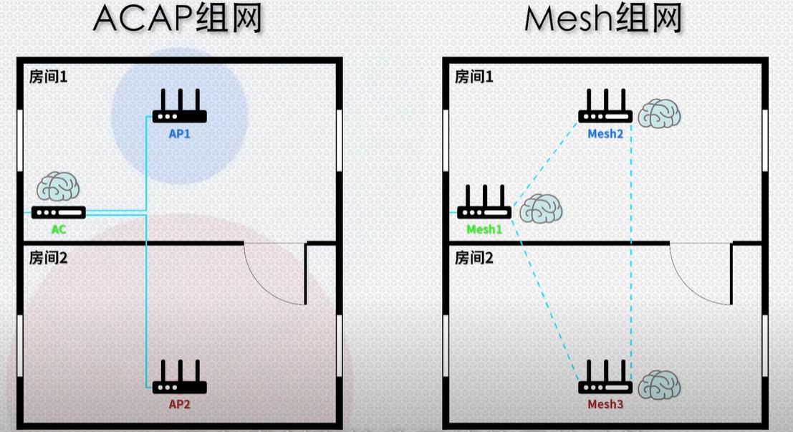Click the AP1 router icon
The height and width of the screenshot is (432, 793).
pyautogui.click(x=179, y=107)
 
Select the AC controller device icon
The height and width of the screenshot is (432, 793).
pyautogui.click(x=59, y=212)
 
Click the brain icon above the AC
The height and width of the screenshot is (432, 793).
pyautogui.click(x=58, y=187)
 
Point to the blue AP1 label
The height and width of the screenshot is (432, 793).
pyautogui.click(x=179, y=134)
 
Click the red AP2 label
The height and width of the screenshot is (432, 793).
pyautogui.click(x=179, y=404)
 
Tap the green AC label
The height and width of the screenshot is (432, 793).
pyautogui.click(x=58, y=230)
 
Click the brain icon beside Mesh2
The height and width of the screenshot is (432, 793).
pyautogui.click(x=659, y=114)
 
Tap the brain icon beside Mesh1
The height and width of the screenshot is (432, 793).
pyautogui.click(x=541, y=208)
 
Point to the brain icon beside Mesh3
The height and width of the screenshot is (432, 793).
pyautogui.click(x=659, y=385)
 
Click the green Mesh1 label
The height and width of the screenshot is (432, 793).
pyautogui.click(x=484, y=230)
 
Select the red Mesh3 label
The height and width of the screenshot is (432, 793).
pyautogui.click(x=605, y=405)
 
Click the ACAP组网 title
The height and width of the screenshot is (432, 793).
pyautogui.click(x=178, y=20)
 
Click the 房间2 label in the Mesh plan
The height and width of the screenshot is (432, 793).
pyautogui.click(x=474, y=258)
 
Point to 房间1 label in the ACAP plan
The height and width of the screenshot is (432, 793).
pyautogui.click(x=48, y=76)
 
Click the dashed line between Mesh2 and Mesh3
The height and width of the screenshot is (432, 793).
pyautogui.click(x=631, y=244)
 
